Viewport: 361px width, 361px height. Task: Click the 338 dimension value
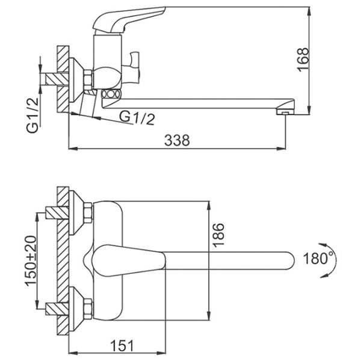[x=177, y=140]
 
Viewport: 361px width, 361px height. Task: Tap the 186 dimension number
[x=218, y=235]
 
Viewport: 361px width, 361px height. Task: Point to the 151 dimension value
[x=122, y=345]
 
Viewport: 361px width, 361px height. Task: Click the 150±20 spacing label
[x=31, y=261]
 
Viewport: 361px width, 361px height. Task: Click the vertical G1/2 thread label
[x=32, y=115]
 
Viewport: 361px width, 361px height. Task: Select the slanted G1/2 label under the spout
[x=137, y=119]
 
